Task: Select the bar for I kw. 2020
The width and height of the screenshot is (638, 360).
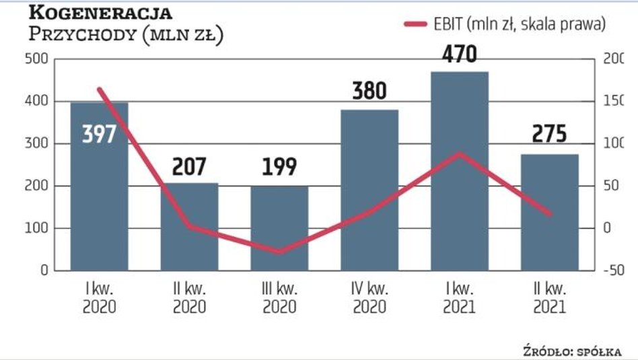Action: coord(99,202)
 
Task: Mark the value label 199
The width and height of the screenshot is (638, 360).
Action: coord(279,166)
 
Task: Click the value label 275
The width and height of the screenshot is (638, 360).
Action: coord(549,134)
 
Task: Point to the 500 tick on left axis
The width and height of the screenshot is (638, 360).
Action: coord(35,59)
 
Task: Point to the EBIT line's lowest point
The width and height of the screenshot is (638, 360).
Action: coord(279,252)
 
